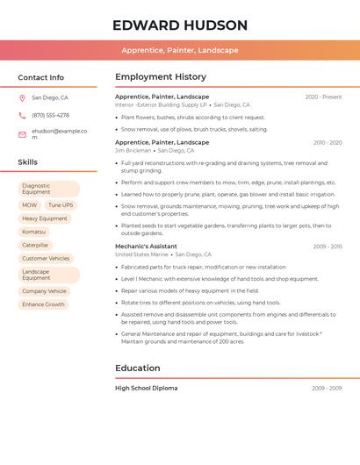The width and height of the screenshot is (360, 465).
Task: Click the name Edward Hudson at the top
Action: tap(180, 25)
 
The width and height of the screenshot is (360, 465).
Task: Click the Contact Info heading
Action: tap(41, 77)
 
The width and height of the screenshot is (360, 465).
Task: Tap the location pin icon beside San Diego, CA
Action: tap(22, 97)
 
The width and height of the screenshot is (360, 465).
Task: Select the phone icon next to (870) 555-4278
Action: tap(22, 115)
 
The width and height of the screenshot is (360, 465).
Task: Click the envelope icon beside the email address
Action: tap(22, 134)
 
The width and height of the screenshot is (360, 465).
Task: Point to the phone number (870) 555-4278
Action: tap(50, 115)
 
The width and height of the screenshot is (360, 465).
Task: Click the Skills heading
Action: tap(28, 162)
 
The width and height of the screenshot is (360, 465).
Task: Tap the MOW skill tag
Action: tap(30, 205)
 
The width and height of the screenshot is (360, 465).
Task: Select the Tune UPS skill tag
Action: tap(61, 205)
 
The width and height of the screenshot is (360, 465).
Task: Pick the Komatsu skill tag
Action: tap(33, 232)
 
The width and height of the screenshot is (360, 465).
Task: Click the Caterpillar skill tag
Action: tap(35, 245)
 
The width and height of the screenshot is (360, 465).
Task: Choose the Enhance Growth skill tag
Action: tap(43, 304)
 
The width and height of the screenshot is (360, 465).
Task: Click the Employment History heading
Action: tap(161, 77)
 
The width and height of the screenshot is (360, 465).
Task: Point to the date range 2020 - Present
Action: tap(323, 97)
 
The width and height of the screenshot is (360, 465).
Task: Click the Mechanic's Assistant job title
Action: tap(146, 247)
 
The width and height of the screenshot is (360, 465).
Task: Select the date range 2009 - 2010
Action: tap(327, 247)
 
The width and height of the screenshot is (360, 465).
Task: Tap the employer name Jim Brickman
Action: tap(133, 150)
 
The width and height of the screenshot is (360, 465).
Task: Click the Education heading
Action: tap(138, 368)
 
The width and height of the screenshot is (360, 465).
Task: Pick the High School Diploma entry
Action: tap(146, 388)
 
